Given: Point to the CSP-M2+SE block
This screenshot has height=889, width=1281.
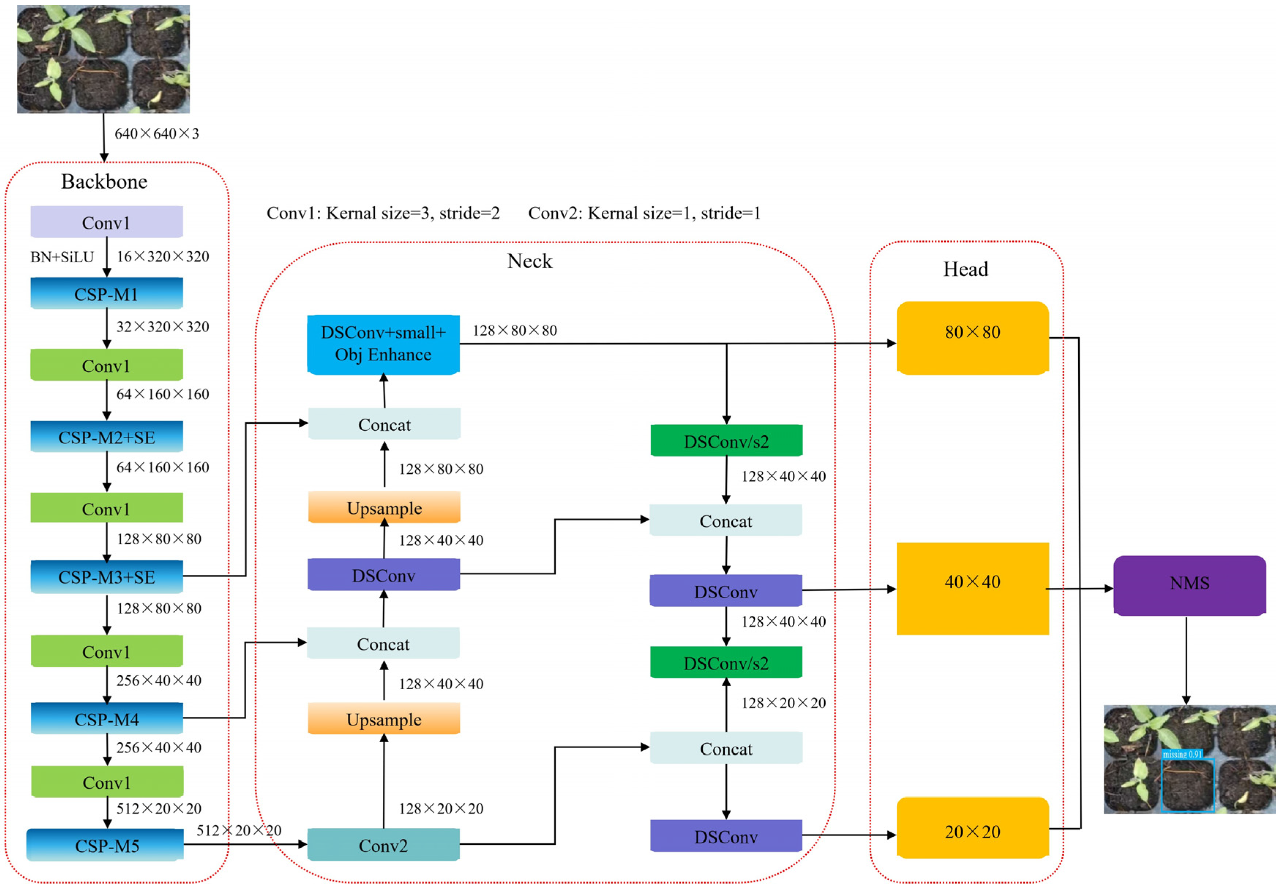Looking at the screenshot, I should (107, 437).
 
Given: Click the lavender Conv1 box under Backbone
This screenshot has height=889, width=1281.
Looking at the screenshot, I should (107, 222).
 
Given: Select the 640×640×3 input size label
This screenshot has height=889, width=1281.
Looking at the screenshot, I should (157, 134).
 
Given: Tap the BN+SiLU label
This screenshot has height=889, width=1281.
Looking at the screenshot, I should (62, 257).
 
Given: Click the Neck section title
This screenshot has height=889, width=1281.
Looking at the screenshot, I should (529, 261).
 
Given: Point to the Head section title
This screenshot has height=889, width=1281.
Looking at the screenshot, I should (965, 269).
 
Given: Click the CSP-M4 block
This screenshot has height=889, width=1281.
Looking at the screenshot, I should (107, 719).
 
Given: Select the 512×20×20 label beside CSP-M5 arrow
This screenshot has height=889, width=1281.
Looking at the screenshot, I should (239, 830).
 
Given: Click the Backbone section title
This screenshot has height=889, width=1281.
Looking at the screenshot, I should (104, 181).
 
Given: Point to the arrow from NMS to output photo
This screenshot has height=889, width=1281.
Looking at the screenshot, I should (1186, 660).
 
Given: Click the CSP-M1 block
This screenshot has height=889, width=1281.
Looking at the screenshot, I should (107, 293).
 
